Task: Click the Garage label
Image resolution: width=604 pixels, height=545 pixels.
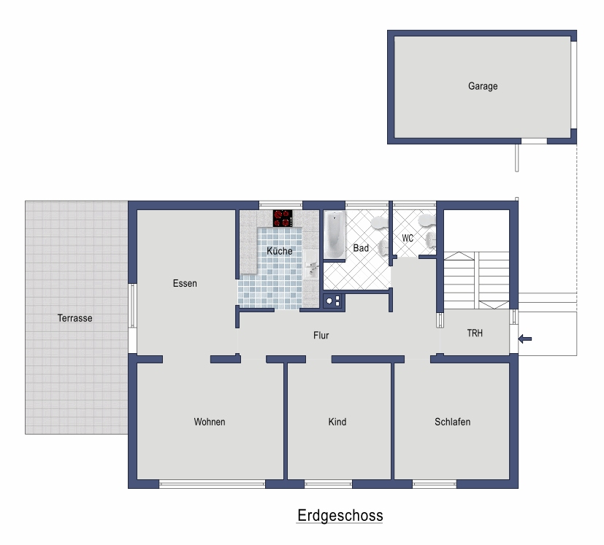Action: click(483, 86)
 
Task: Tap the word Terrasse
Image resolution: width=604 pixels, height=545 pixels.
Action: click(74, 318)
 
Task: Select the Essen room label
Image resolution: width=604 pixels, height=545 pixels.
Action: click(185, 284)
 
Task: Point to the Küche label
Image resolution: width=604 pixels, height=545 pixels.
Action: click(280, 251)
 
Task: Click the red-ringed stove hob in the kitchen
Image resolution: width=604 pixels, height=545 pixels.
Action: click(283, 218)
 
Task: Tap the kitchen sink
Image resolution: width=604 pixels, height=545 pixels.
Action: click(312, 264)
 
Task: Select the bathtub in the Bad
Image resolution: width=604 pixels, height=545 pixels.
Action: click(335, 235)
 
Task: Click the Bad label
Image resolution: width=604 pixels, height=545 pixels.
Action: click(361, 248)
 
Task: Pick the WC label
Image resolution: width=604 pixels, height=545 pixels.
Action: click(408, 239)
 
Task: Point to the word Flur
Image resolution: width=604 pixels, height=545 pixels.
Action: click(321, 336)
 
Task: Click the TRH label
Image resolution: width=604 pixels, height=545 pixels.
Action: click(475, 333)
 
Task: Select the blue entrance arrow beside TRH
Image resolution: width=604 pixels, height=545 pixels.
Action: click(524, 339)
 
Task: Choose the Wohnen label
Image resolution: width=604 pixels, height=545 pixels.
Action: click(210, 422)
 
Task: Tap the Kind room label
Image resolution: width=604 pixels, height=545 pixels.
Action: click(337, 422)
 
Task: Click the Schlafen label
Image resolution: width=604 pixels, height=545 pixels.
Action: click(452, 422)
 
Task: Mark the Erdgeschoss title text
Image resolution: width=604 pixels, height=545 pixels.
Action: click(340, 515)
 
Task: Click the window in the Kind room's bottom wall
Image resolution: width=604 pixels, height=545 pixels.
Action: click(328, 484)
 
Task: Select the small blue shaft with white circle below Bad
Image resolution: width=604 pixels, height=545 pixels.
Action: click(333, 301)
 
